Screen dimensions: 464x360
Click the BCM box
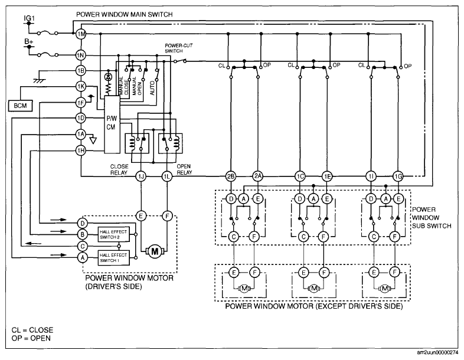pyautogui.click(x=20, y=106)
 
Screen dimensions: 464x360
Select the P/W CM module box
pyautogui.click(x=112, y=125)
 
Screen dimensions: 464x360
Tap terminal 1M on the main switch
pyautogui.click(x=81, y=34)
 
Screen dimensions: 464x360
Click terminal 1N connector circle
pyautogui.click(x=81, y=55)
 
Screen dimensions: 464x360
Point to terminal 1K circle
pyautogui.click(x=81, y=87)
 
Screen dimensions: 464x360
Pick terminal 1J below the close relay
pyautogui.click(x=141, y=176)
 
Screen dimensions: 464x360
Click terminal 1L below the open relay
pyautogui.click(x=167, y=176)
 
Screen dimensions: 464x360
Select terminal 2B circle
pyautogui.click(x=230, y=176)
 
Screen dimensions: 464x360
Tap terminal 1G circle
pyautogui.click(x=398, y=176)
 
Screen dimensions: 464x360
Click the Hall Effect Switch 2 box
pyautogui.click(x=113, y=234)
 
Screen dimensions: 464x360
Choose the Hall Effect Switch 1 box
pyautogui.click(x=113, y=258)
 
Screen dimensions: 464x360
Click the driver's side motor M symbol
pyautogui.click(x=155, y=252)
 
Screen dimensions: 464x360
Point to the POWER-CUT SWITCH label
pyautogui.click(x=178, y=48)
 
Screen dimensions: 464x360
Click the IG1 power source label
pyautogui.click(x=29, y=18)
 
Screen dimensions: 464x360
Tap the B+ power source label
pyautogui.click(x=29, y=42)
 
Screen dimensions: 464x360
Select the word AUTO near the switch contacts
pyautogui.click(x=152, y=88)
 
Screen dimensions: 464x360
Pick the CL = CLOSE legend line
pyautogui.click(x=32, y=330)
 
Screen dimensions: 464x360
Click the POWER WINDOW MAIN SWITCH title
pyautogui.click(x=125, y=14)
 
